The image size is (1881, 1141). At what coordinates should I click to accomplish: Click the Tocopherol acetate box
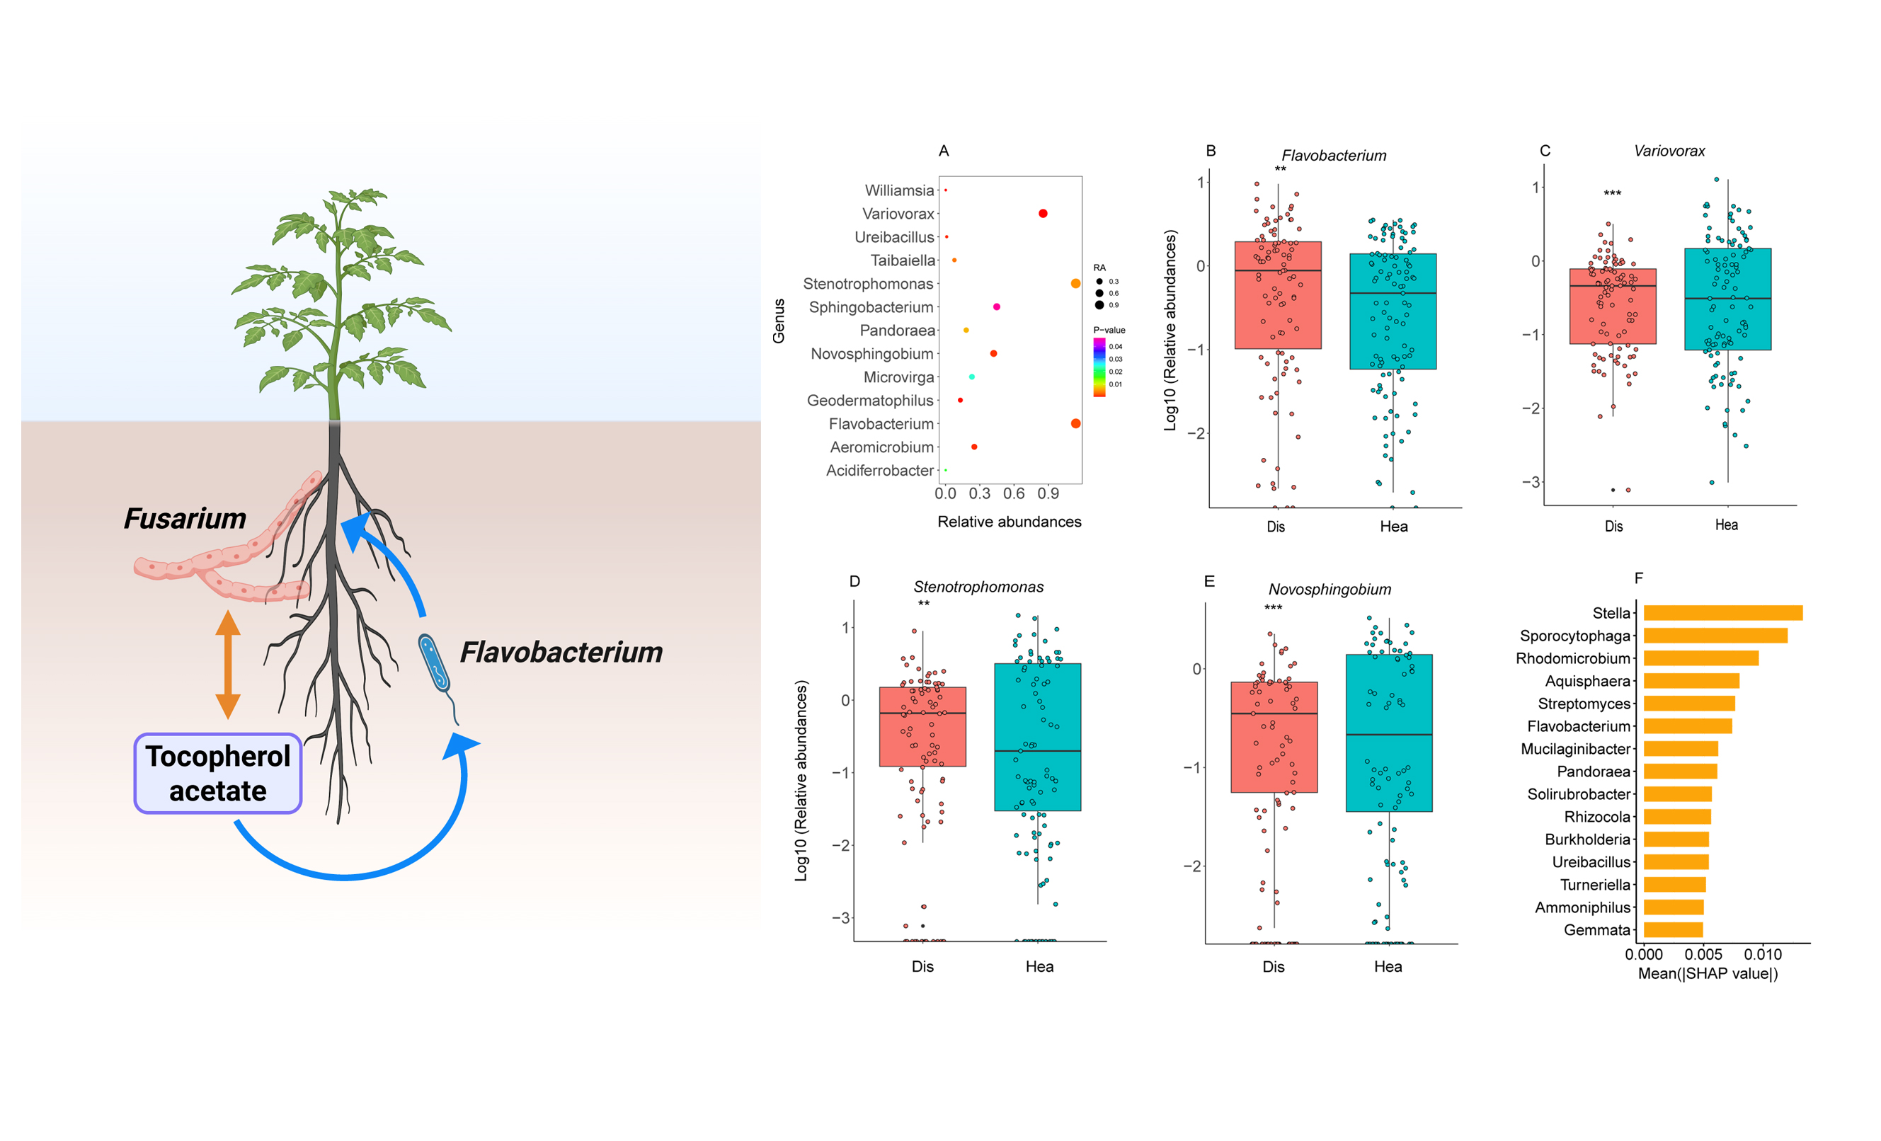point(217,773)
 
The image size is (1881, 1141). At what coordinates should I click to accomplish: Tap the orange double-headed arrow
point(227,665)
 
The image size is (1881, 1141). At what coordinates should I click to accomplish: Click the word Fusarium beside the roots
point(185,519)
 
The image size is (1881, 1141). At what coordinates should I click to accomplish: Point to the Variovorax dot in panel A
point(1043,214)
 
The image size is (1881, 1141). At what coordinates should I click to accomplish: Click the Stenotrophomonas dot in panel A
point(1075,284)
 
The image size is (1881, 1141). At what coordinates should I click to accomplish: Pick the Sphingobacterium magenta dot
point(996,306)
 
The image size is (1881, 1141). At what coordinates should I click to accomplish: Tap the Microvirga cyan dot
point(972,377)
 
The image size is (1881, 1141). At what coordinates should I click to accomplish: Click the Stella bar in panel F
point(1722,613)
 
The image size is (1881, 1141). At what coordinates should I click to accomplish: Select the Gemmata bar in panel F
point(1673,929)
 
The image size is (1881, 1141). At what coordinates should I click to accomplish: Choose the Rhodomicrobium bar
point(1701,658)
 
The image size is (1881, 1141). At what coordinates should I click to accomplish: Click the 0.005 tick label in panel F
point(1703,954)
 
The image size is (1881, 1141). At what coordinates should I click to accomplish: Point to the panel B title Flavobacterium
point(1334,156)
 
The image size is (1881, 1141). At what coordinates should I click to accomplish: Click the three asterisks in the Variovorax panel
point(1612,194)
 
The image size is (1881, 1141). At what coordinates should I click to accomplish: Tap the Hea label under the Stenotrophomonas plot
point(1039,966)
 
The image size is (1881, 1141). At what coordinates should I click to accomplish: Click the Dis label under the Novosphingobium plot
point(1274,966)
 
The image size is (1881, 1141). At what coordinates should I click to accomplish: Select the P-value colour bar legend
point(1099,367)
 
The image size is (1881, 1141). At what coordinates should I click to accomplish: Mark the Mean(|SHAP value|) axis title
point(1708,974)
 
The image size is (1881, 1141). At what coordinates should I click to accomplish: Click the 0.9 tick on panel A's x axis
point(1048,494)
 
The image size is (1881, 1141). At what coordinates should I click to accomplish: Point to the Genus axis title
point(779,321)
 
